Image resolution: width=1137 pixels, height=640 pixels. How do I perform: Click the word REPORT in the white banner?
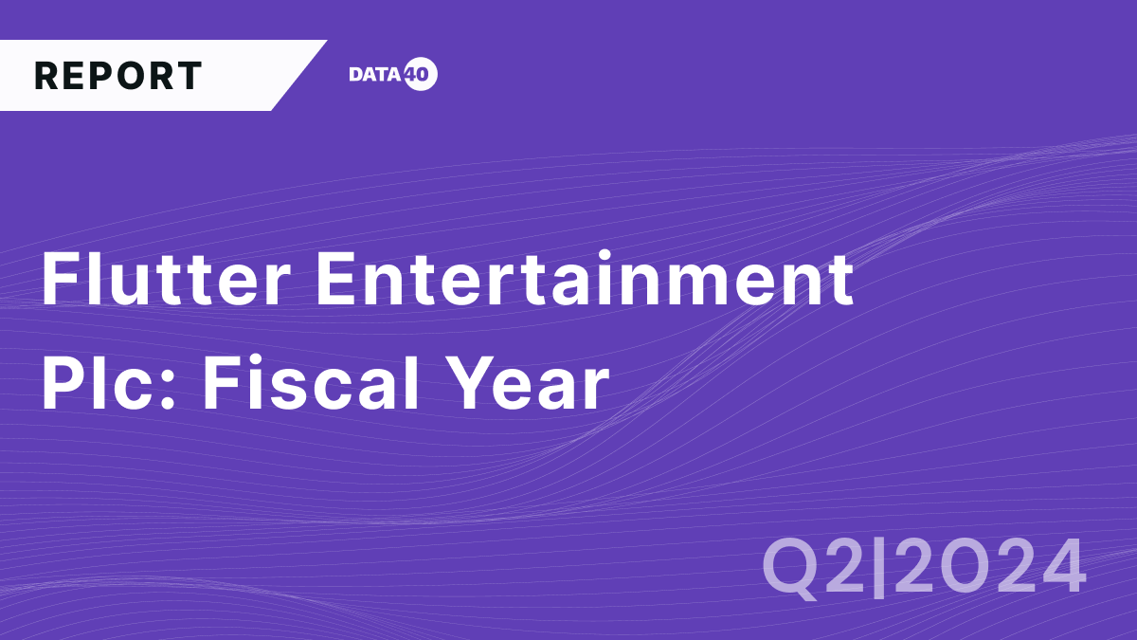pyautogui.click(x=118, y=76)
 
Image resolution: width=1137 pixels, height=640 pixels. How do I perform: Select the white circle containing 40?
pyautogui.click(x=420, y=76)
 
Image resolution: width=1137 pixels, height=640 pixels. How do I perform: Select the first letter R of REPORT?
pyautogui.click(x=45, y=76)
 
